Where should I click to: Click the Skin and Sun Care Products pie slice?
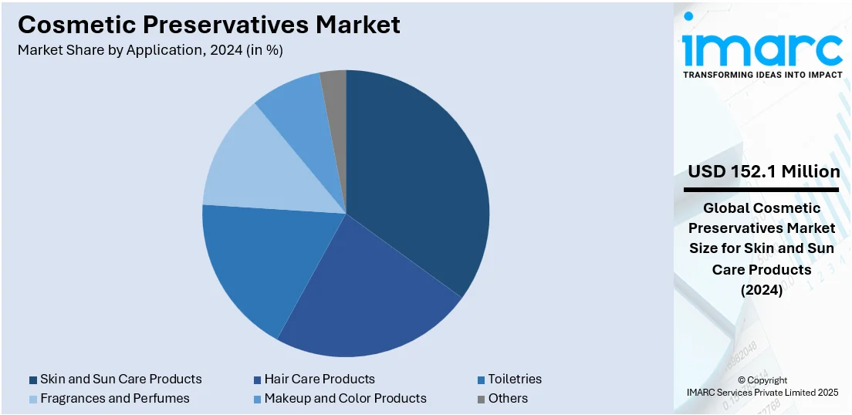click(x=417, y=177)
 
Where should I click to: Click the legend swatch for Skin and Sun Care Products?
click(x=33, y=380)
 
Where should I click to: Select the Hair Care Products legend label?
click(x=319, y=379)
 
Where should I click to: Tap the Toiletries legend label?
click(x=514, y=379)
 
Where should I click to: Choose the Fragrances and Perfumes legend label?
click(x=114, y=398)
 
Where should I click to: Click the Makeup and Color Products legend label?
click(x=345, y=398)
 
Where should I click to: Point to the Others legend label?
click(x=508, y=398)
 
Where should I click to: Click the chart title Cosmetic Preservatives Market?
click(x=209, y=25)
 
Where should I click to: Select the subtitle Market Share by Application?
click(x=150, y=51)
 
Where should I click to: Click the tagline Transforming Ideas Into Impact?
click(x=762, y=75)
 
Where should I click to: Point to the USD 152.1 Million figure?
click(x=762, y=171)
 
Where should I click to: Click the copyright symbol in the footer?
click(x=742, y=380)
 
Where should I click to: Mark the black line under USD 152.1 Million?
click(x=762, y=189)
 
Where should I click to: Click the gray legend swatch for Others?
click(x=481, y=399)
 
